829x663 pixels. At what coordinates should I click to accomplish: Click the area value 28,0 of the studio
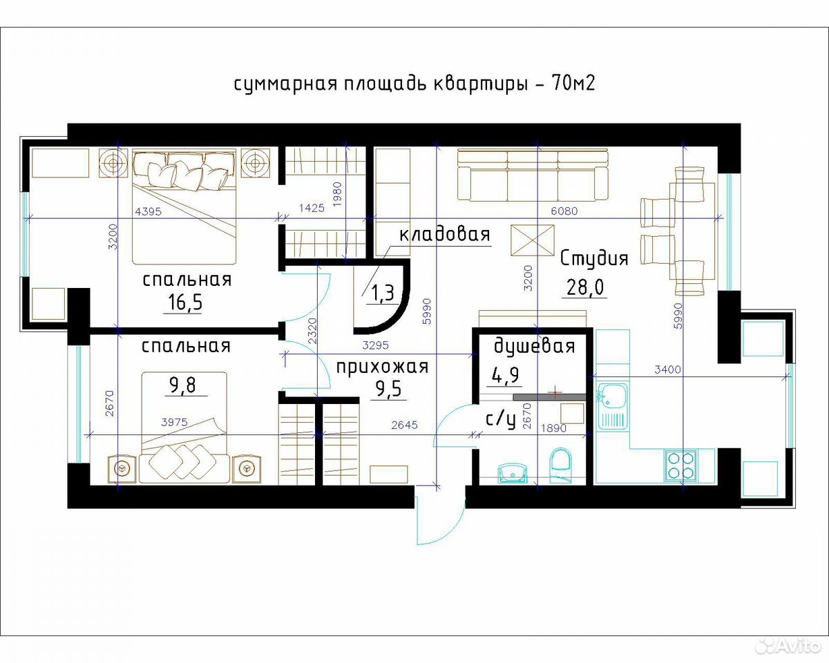pos(585,287)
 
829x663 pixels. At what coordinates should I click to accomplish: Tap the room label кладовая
pos(444,235)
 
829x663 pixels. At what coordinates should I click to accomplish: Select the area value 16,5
pos(185,302)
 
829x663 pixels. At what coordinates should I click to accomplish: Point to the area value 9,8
pos(182,385)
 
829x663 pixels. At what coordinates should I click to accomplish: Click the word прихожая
pos(382,367)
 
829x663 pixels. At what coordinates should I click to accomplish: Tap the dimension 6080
pos(564,211)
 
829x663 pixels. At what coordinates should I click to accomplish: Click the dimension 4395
pos(149,211)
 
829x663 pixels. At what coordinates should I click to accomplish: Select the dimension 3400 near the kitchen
pos(667,370)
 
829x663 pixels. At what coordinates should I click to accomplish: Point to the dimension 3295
pos(376,345)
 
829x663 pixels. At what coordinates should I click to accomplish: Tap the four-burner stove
pos(680,465)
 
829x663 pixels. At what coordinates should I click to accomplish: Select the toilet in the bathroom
pos(560,465)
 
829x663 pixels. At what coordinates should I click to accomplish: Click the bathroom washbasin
pos(513,472)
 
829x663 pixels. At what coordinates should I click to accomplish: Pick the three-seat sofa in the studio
pos(533,175)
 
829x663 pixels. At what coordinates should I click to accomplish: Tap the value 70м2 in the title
pos(573,82)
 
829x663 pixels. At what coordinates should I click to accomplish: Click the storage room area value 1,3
pos(383,293)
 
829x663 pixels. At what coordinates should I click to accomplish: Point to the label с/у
pos(500,420)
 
